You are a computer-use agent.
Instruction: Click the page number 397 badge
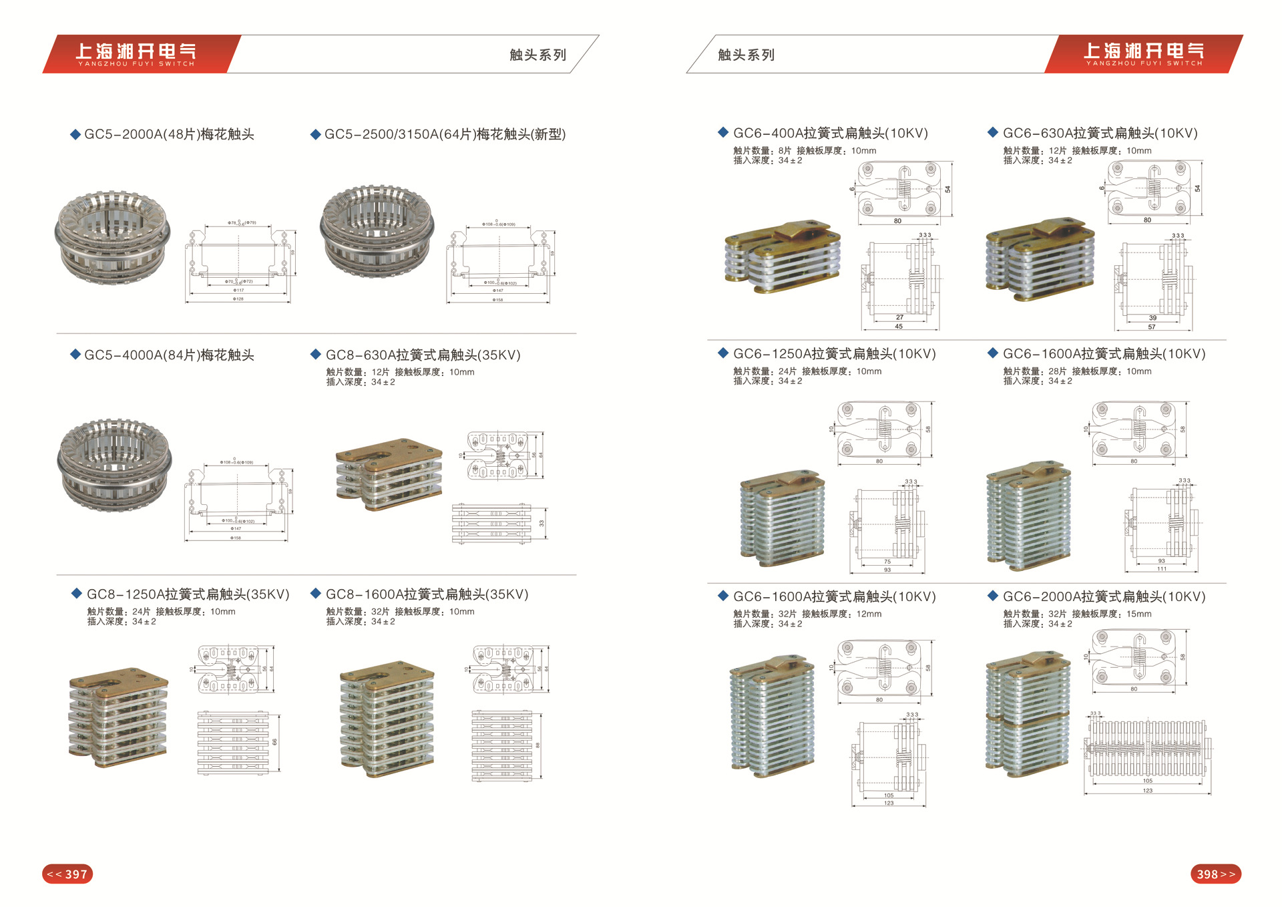pos(67,874)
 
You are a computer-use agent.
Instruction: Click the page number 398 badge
pos(1215,874)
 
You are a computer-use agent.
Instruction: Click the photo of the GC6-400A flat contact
pos(783,257)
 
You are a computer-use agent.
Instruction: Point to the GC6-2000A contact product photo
pos(1028,718)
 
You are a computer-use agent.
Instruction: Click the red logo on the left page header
pos(137,54)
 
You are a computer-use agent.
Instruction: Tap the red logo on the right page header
pos(1144,54)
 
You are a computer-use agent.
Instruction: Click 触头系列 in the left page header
pos(538,55)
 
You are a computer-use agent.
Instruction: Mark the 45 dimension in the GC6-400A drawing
pos(899,327)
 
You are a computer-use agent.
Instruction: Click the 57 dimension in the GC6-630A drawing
pos(1152,327)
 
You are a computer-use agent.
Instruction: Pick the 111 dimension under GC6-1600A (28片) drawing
pos(1162,569)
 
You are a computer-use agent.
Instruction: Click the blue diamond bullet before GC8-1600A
pos(316,593)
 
